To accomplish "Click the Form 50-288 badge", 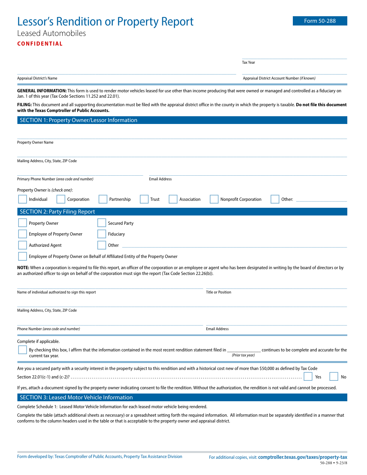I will pos(320,21).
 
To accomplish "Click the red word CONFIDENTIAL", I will pos(40,44).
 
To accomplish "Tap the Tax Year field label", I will pos(248,63).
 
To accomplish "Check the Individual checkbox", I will pos(22,199).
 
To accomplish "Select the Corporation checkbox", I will pos(61,199).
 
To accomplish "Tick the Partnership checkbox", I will pos(103,199).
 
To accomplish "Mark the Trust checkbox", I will pos(144,199).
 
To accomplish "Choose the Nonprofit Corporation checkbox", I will pos(214,199).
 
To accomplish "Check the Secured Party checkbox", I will pos(102,223).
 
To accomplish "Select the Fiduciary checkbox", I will pos(102,234).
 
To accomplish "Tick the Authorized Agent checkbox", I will pos(22,245).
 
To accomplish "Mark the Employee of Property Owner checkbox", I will pos(22,234).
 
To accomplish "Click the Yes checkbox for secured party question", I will pos(308,377).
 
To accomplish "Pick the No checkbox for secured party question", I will pos(334,377).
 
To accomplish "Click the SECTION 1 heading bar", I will pos(182,120).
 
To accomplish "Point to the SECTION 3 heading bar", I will pos(182,397).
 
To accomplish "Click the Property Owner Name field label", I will pos(35,142).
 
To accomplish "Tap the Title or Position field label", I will pos(219,292).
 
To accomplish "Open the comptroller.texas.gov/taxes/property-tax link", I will pos(302,457).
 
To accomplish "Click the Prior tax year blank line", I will pos(244,349).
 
